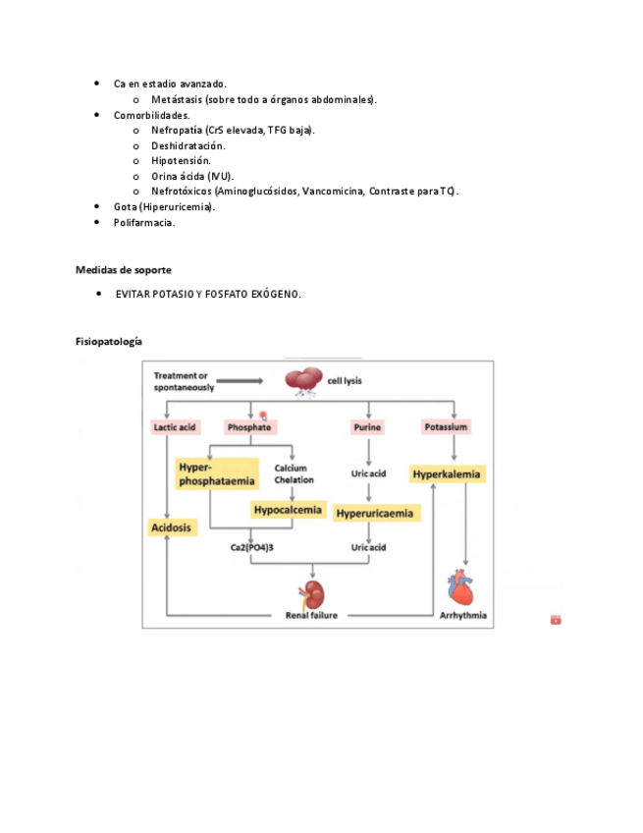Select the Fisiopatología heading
pos(109,341)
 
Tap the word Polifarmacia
pos(144,223)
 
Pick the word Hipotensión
pos(181,160)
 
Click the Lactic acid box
pos(175,427)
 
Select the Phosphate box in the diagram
pos(249,427)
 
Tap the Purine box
pos(367,427)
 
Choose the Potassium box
pos(447,427)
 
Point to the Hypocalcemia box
pos(288,510)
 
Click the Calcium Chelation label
pos(294,473)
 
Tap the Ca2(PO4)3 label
pos(250,547)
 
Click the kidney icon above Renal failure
pos(312,593)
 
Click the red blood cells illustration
pos(306,382)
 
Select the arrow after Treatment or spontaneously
pos(239,380)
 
